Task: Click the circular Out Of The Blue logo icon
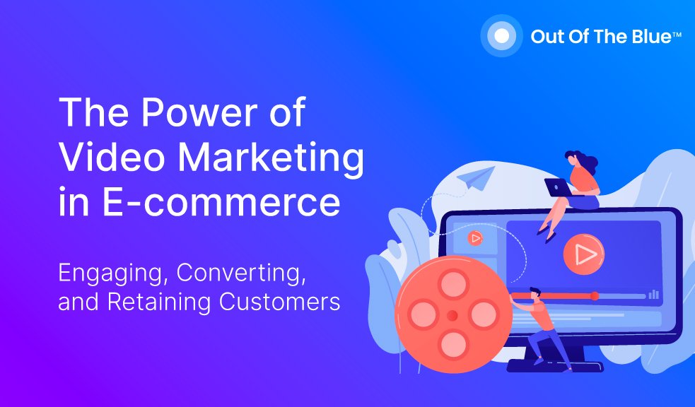click(x=501, y=36)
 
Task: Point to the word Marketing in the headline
click(x=271, y=160)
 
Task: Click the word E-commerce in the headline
click(x=221, y=202)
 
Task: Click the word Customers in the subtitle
click(x=279, y=302)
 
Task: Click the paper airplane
click(x=476, y=178)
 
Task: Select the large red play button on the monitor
click(x=584, y=254)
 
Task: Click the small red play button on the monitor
click(x=475, y=239)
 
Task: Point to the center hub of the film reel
click(x=452, y=315)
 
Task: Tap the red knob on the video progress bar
click(x=595, y=296)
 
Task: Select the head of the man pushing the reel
click(x=535, y=294)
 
